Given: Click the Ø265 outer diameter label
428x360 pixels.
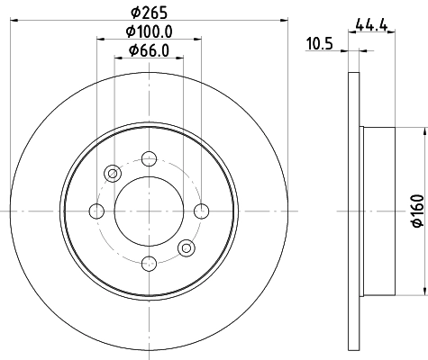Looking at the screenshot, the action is [x=149, y=13].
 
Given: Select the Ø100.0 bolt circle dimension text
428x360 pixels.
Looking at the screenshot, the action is [x=149, y=31].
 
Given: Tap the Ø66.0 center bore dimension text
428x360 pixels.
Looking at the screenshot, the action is [x=149, y=50].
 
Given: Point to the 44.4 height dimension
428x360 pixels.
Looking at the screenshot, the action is [x=371, y=25].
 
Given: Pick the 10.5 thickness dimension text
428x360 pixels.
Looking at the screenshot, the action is [x=320, y=44].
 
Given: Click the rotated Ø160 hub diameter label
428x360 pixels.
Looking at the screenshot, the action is [x=418, y=211].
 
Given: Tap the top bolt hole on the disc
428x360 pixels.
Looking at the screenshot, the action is [x=149, y=159].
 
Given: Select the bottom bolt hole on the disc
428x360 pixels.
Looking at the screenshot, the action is [x=149, y=264].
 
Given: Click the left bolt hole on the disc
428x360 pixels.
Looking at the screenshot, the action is [x=96, y=211].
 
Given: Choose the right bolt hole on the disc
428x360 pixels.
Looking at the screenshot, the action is [x=201, y=211].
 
